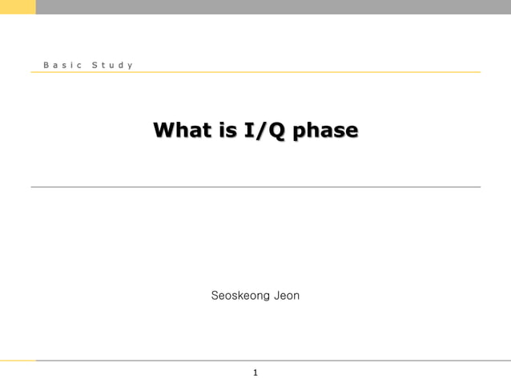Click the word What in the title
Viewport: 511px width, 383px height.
pyautogui.click(x=179, y=130)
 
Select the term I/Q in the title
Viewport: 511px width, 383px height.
pyautogui.click(x=264, y=130)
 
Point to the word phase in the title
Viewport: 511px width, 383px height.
pyautogui.click(x=325, y=131)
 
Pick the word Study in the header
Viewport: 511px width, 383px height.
pyautogui.click(x=112, y=64)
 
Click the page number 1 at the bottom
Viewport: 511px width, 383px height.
pyautogui.click(x=255, y=373)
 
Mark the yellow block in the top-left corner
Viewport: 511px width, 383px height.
pyautogui.click(x=18, y=6)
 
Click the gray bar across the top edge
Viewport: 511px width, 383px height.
pyautogui.click(x=272, y=6)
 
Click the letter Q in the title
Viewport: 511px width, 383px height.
pyautogui.click(x=276, y=130)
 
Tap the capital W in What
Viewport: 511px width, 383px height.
pyautogui.click(x=163, y=130)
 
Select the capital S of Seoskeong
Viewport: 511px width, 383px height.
pyautogui.click(x=215, y=296)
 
